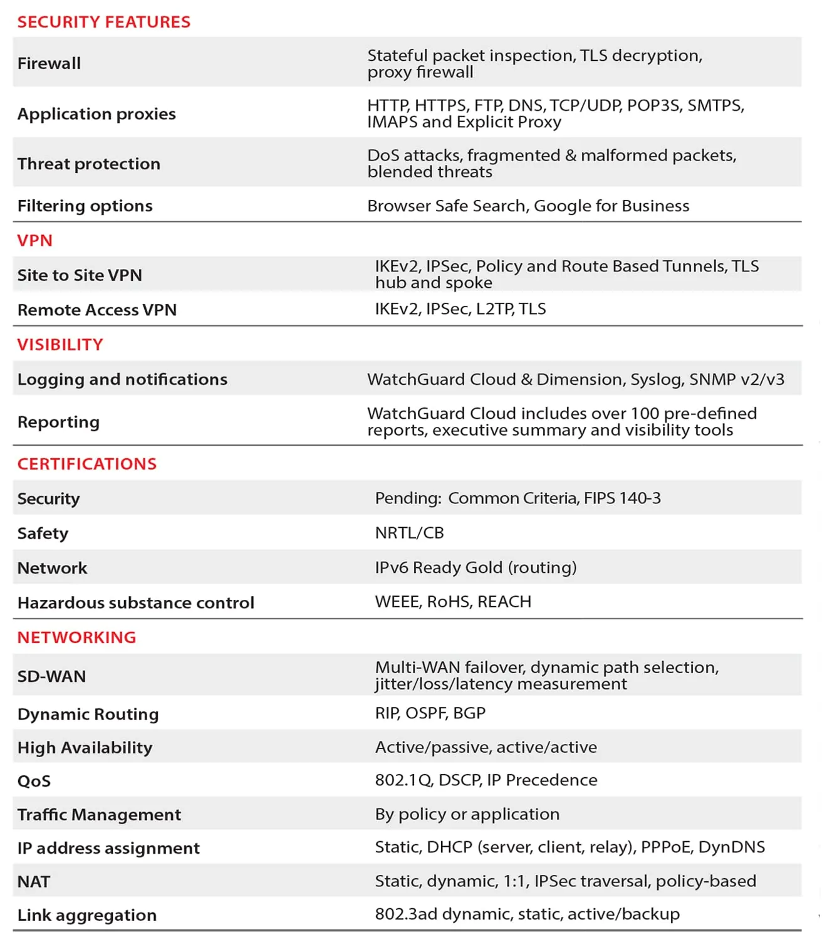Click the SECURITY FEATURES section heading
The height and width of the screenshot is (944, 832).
[103, 22]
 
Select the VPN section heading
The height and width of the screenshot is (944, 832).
[35, 241]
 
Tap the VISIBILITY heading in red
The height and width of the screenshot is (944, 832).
[60, 345]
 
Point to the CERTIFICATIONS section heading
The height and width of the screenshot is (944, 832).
[87, 464]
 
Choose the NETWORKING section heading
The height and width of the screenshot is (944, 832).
[76, 637]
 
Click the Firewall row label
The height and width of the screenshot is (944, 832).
[49, 63]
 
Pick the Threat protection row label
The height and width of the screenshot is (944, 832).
[89, 164]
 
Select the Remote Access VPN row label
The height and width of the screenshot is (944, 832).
[97, 310]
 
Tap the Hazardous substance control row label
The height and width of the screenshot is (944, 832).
[136, 602]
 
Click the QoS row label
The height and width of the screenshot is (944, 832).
[34, 781]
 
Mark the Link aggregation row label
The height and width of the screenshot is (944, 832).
[87, 915]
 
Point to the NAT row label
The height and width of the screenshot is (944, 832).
[34, 882]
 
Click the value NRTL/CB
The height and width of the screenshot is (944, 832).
[409, 533]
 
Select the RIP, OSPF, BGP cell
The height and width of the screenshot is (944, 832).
[430, 713]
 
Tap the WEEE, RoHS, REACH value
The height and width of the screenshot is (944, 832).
[453, 602]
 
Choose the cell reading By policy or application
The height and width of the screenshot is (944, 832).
[467, 814]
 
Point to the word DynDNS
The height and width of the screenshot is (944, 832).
[731, 847]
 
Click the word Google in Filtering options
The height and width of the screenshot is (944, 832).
[562, 206]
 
